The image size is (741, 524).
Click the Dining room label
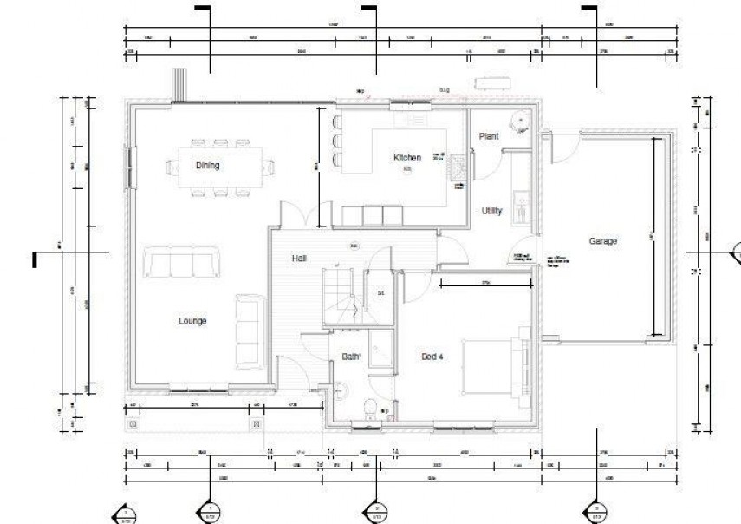coord(207,166)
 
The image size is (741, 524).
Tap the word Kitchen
coord(407,158)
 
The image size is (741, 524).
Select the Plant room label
coord(489,136)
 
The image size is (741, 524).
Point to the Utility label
coord(492,211)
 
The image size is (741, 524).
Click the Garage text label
coord(602,241)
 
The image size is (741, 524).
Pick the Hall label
coord(299,259)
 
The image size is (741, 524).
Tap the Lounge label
coord(192,321)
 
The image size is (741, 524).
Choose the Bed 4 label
coord(433,357)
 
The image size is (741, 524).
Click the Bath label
coord(350,357)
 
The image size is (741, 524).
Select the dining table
coord(220,165)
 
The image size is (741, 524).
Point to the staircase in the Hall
coord(341,297)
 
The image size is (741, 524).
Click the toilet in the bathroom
coord(370,407)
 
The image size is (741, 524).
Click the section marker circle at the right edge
coord(737,252)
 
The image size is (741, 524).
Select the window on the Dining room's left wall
coord(129,167)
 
